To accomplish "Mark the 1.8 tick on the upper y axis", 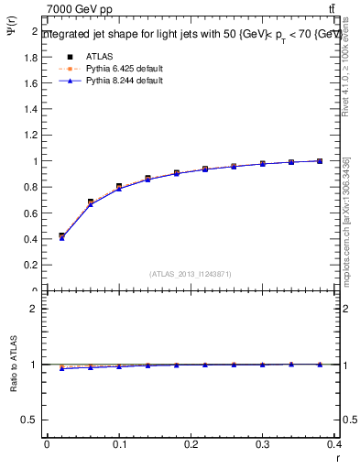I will tap(32, 57).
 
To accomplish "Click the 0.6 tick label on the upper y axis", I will tap(32, 213).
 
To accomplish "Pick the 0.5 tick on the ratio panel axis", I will tap(32, 420).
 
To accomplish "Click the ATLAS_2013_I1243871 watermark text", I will tap(191, 274).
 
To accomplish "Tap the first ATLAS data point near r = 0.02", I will tap(61, 236).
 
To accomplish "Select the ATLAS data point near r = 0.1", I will tap(119, 187).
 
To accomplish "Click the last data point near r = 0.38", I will tap(320, 161).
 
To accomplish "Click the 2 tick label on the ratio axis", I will tap(35, 309).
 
